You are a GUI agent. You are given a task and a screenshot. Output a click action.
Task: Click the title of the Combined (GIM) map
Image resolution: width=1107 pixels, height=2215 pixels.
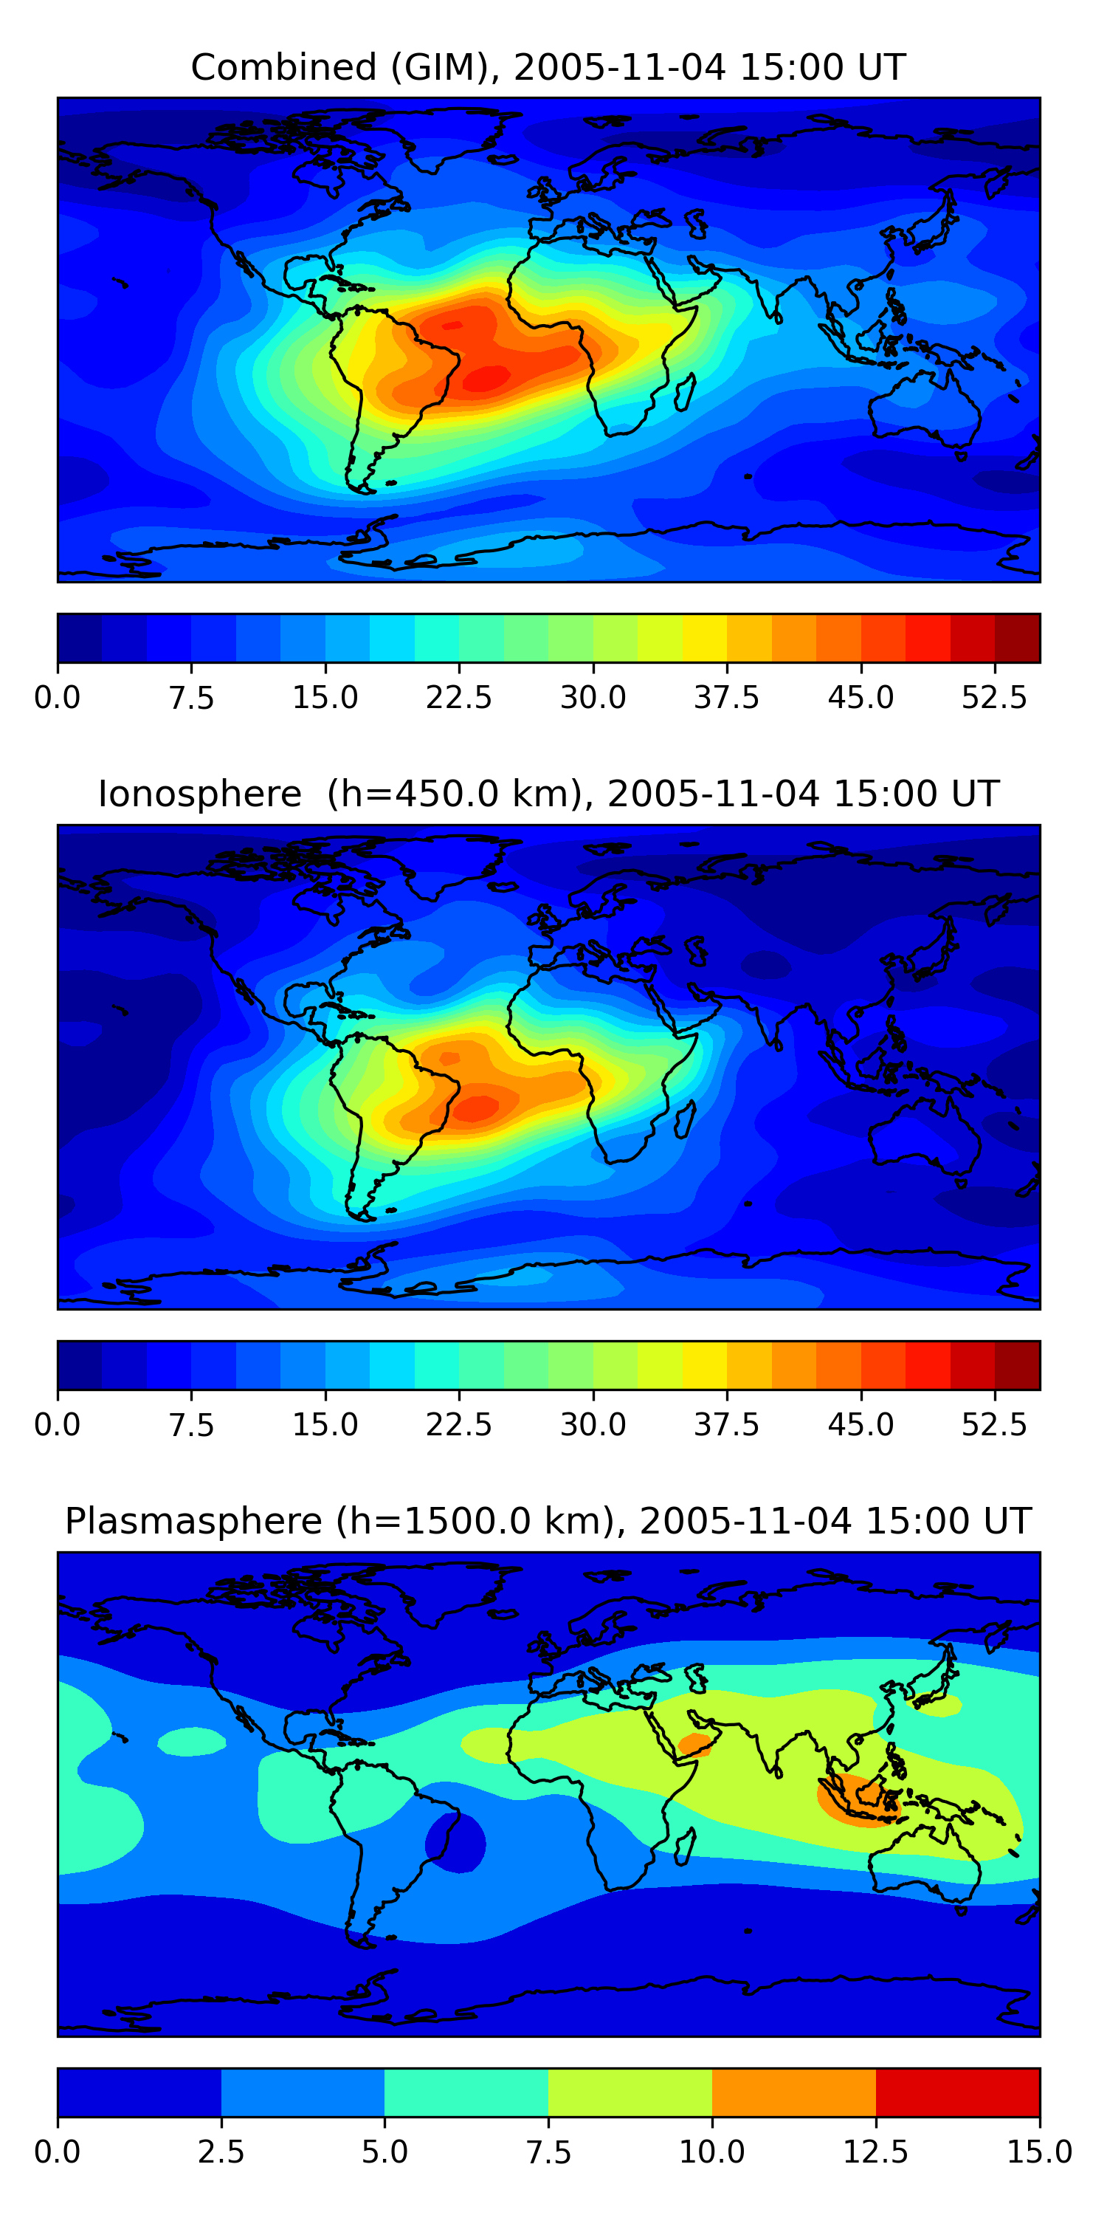pyautogui.click(x=548, y=67)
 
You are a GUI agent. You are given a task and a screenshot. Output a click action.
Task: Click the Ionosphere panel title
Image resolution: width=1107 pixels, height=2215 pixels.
pyautogui.click(x=548, y=794)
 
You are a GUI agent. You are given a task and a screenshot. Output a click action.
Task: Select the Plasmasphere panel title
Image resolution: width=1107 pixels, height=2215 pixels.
pyautogui.click(x=548, y=1520)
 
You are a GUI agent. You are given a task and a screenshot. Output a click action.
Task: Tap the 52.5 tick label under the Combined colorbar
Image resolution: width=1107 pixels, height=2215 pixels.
pyautogui.click(x=993, y=697)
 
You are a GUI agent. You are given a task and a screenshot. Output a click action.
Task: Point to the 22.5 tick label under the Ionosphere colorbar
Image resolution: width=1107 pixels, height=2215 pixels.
pyautogui.click(x=459, y=1424)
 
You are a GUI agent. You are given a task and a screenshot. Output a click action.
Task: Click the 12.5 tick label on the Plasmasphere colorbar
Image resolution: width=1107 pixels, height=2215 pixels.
pyautogui.click(x=875, y=2152)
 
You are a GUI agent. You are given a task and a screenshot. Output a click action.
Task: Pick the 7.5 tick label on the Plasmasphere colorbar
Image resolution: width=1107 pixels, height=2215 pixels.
pyautogui.click(x=548, y=2152)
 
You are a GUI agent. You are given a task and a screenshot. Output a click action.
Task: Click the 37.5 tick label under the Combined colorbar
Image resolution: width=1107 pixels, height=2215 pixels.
pyautogui.click(x=726, y=697)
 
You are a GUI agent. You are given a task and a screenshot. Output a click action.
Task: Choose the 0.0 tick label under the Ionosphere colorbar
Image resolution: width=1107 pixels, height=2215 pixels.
pyautogui.click(x=58, y=1424)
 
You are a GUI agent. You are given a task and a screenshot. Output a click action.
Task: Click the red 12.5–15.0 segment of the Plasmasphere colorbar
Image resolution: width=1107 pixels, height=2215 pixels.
pyautogui.click(x=957, y=2092)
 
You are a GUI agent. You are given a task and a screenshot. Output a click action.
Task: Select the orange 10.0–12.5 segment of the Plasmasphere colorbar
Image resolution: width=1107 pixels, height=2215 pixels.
pyautogui.click(x=793, y=2092)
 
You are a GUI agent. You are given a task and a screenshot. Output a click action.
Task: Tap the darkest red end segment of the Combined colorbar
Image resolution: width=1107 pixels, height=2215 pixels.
pyautogui.click(x=1017, y=638)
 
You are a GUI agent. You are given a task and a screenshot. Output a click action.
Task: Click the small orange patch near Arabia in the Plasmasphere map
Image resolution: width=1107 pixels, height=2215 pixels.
pyautogui.click(x=694, y=1744)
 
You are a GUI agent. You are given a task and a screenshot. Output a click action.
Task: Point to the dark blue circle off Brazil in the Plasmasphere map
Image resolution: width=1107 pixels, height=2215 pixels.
pyautogui.click(x=456, y=1842)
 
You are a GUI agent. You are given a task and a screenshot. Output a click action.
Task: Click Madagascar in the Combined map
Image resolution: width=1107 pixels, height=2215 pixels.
pyautogui.click(x=685, y=392)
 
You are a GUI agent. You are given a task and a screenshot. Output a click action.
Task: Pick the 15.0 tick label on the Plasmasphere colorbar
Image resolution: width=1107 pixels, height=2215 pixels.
pyautogui.click(x=1039, y=2152)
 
